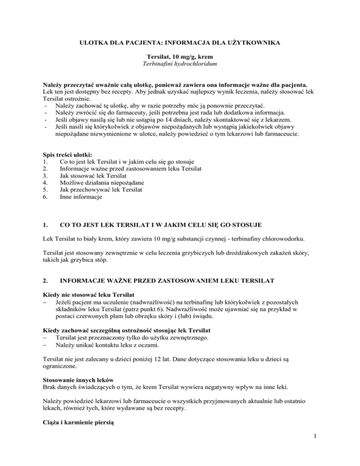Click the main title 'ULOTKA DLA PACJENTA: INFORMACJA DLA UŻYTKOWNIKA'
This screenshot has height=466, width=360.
click(180, 44)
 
